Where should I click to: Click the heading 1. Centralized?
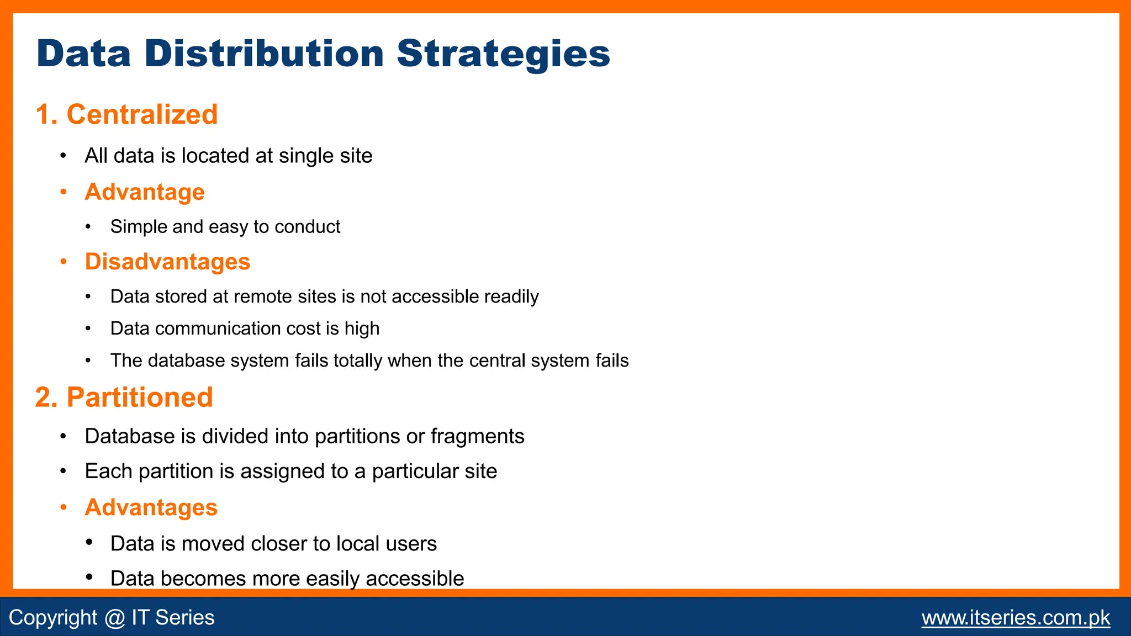click(126, 114)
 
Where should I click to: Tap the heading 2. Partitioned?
click(124, 397)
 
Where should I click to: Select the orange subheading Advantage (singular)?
click(145, 192)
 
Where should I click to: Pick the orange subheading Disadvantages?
click(167, 262)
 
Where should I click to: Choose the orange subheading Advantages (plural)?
click(151, 507)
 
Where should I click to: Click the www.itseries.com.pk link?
click(1016, 617)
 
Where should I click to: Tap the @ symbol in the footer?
click(114, 617)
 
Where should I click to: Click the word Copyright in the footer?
click(53, 617)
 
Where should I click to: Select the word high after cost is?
click(362, 328)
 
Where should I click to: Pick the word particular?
click(406, 471)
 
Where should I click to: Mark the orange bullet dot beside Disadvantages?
click(64, 262)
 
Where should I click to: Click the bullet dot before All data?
click(64, 156)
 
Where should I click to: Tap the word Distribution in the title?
click(264, 54)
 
